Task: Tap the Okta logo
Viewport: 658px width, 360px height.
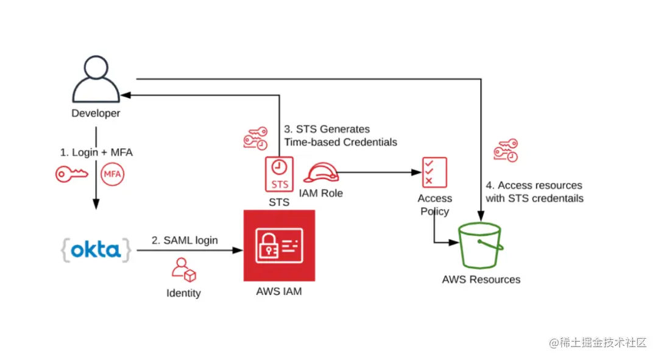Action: (x=96, y=250)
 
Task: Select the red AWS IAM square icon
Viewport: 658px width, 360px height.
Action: (x=279, y=245)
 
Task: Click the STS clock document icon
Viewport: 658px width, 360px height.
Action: (x=279, y=173)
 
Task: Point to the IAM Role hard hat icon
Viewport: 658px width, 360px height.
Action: (x=320, y=173)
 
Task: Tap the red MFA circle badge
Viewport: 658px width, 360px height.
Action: (x=112, y=174)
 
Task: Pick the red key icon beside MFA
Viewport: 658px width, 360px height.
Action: (x=72, y=174)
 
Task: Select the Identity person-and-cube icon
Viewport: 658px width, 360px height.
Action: (x=183, y=270)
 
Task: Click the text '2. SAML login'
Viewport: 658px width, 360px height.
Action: (x=185, y=240)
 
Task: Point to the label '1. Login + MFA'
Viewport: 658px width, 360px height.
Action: (x=96, y=152)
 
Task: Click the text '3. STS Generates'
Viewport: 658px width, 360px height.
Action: (x=327, y=129)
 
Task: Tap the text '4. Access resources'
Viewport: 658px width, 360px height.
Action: (x=534, y=185)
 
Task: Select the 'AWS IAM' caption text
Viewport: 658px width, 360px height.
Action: (x=279, y=291)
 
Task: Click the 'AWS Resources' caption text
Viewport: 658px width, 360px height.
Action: (x=481, y=280)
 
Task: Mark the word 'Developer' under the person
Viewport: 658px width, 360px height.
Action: (x=96, y=113)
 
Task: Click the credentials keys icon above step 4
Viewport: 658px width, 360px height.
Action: (x=506, y=150)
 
